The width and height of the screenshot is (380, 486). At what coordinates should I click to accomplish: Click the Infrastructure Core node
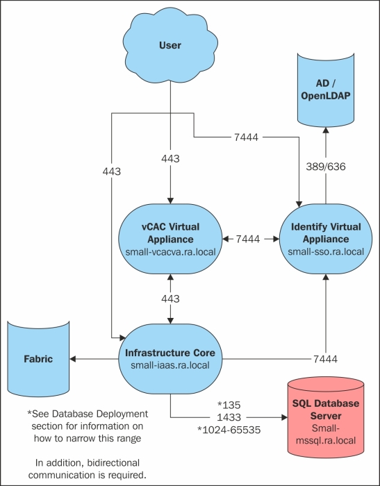[170, 359]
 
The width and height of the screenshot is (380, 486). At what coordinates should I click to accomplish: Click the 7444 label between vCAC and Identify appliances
[248, 239]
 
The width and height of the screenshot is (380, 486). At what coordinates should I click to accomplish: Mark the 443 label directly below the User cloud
[169, 160]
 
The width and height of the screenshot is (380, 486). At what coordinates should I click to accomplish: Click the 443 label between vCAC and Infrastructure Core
[169, 299]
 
